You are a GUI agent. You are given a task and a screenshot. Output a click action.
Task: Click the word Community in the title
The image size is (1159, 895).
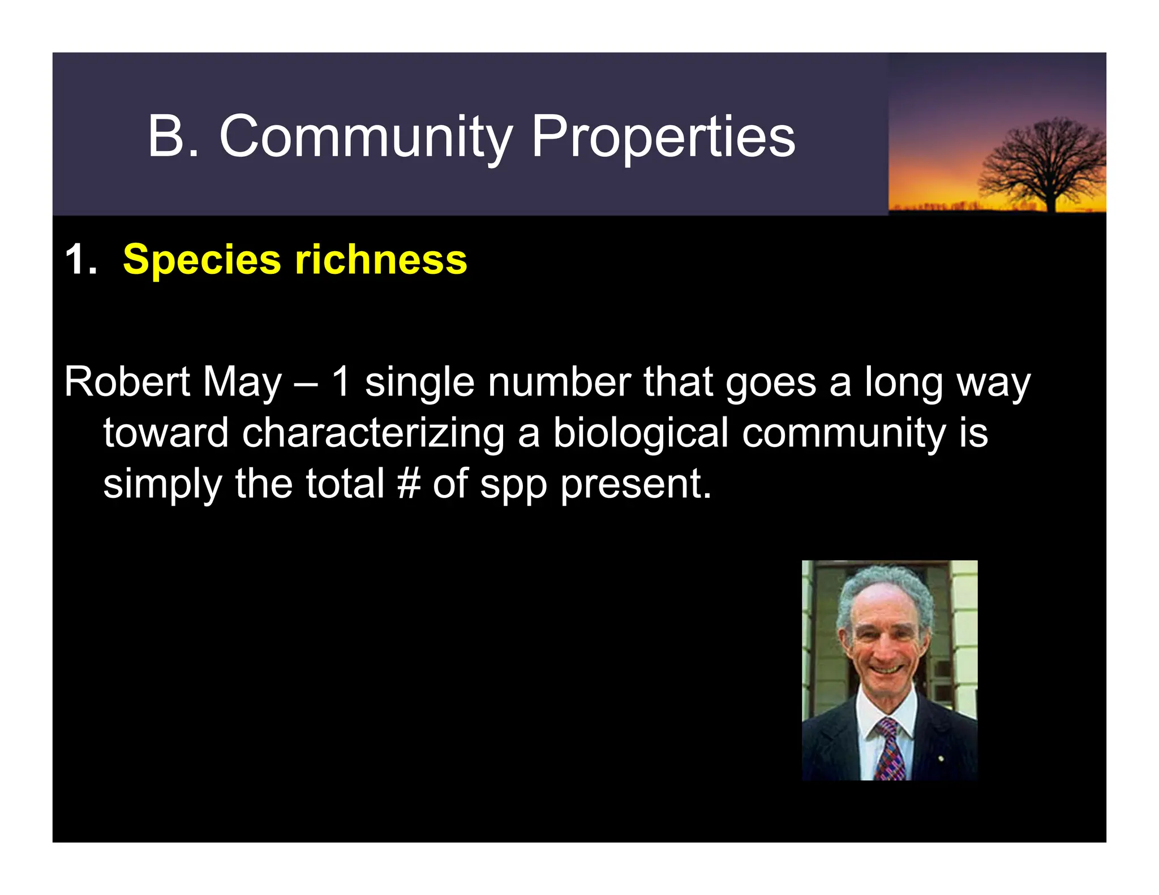point(366,137)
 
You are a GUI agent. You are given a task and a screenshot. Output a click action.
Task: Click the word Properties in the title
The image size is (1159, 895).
point(663,137)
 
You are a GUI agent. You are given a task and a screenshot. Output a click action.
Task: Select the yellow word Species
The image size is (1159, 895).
point(202,260)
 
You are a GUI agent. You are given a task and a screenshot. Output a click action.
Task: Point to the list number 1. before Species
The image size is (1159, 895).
point(80,260)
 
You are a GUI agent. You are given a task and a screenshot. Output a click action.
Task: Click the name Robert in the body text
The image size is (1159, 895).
point(127,382)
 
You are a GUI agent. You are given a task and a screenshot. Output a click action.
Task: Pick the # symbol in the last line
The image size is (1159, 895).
point(409,484)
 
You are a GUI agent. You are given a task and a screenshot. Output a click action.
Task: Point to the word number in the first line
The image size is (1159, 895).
point(559,382)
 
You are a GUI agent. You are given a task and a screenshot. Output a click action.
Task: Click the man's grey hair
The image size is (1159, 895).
point(886,583)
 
